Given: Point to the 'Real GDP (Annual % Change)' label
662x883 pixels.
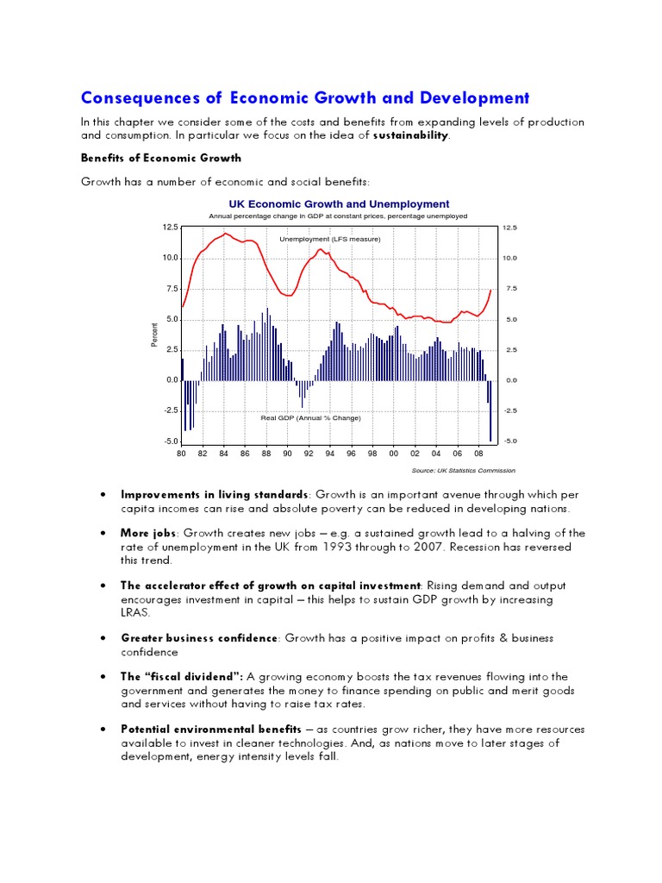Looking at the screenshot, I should (310, 417).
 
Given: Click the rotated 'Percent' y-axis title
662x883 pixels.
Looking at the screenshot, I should (155, 335).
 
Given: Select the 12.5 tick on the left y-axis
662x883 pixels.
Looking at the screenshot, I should (170, 228).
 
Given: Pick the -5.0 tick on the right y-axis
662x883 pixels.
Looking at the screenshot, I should (509, 441).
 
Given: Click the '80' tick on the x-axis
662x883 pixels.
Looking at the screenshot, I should (181, 454).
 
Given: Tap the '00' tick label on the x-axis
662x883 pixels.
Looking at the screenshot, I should (393, 454).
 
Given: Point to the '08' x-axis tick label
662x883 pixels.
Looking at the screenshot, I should (478, 454).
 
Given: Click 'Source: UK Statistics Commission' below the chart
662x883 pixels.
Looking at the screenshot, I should (465, 471).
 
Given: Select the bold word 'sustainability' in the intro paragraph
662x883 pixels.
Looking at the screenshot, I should (410, 136).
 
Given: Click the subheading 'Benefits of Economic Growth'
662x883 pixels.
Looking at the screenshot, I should (161, 159).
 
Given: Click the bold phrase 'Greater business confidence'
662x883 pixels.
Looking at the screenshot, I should (199, 638).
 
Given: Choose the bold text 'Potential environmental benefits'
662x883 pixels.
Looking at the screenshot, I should (211, 730).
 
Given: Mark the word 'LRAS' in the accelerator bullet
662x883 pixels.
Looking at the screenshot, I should (134, 612).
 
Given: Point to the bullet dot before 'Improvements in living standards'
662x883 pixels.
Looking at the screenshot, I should (103, 495).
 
